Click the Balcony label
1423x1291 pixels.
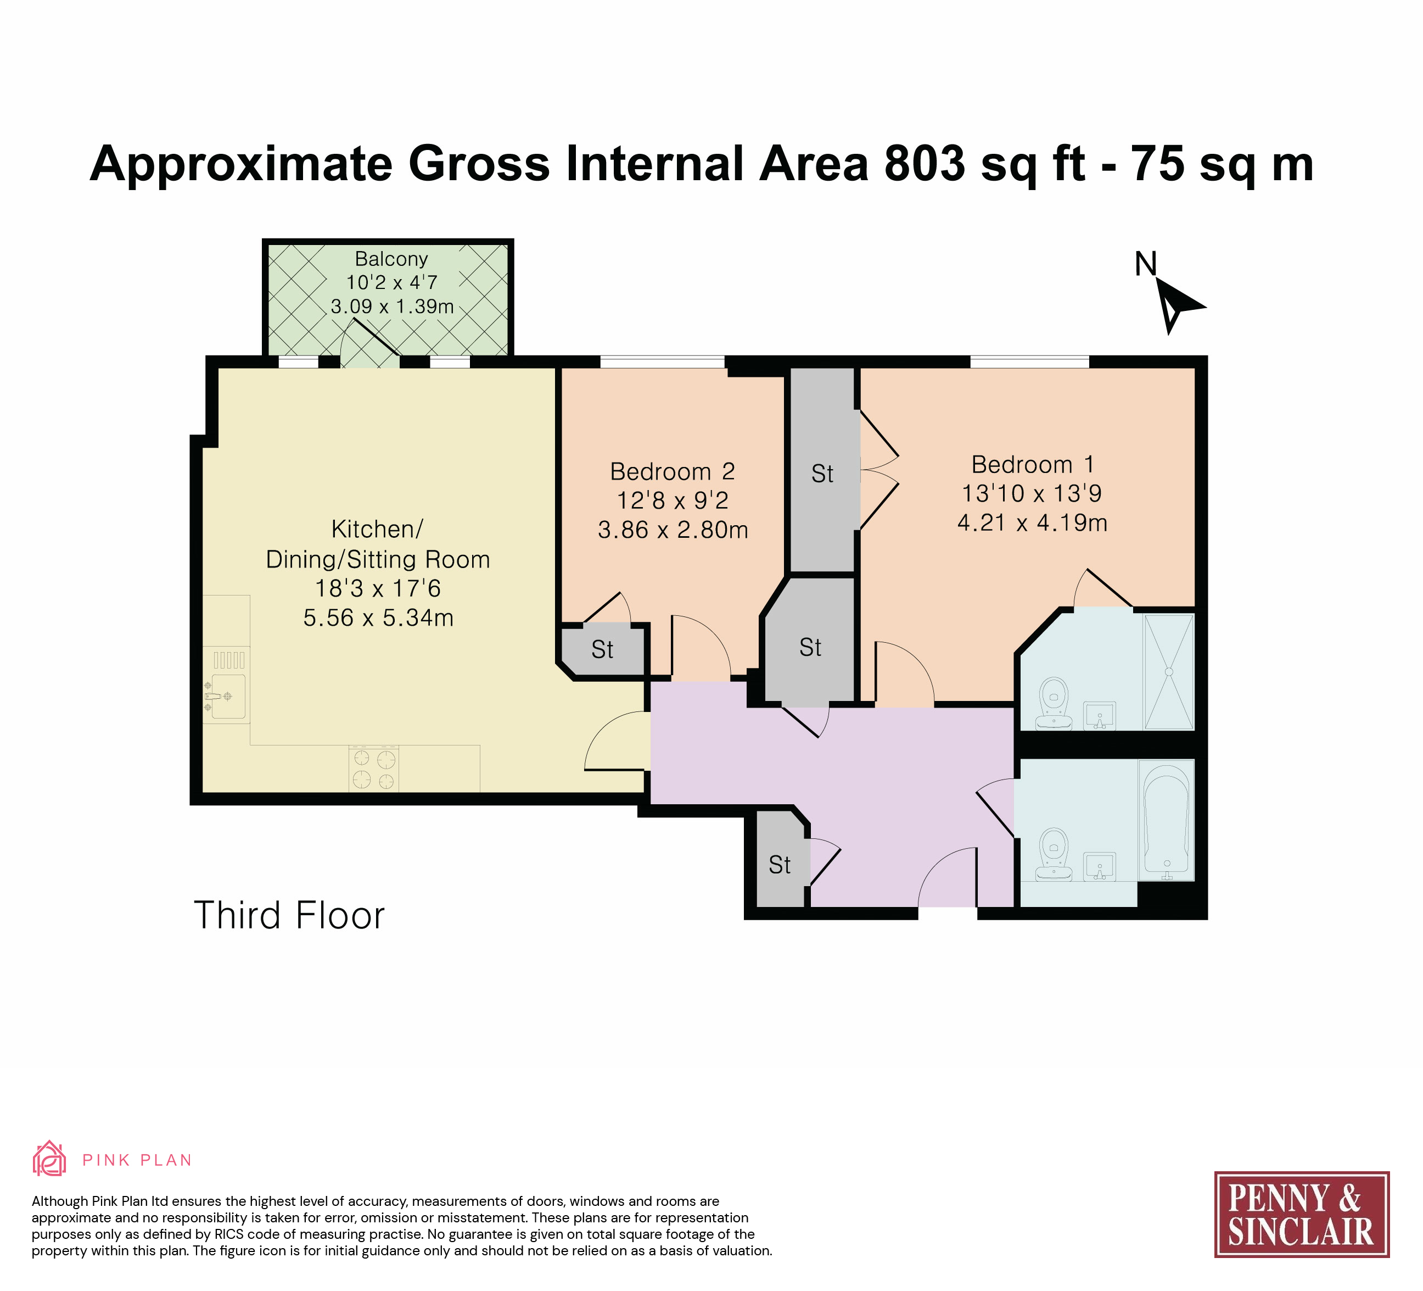click(391, 259)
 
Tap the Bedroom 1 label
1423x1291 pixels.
click(1033, 465)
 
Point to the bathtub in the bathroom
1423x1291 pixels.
click(1167, 821)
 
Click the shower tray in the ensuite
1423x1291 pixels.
click(1169, 672)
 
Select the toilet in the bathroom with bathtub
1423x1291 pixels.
click(1054, 855)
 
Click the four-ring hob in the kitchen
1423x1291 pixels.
click(373, 769)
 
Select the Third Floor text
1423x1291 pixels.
click(289, 915)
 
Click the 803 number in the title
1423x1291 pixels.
click(925, 164)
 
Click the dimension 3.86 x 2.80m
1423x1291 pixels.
click(673, 530)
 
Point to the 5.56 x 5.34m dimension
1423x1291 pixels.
click(378, 618)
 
